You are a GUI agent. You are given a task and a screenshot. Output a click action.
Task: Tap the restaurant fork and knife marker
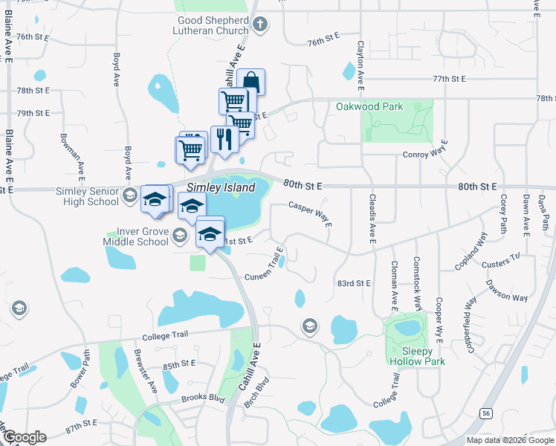(223, 138)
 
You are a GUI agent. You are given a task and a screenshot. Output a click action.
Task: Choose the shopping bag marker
(251, 81)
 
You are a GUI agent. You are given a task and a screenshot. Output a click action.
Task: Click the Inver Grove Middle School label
(142, 236)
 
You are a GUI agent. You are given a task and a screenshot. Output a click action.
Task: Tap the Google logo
(24, 437)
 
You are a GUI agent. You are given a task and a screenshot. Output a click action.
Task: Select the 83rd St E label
(354, 283)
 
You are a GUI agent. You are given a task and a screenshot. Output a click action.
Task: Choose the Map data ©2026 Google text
(510, 440)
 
